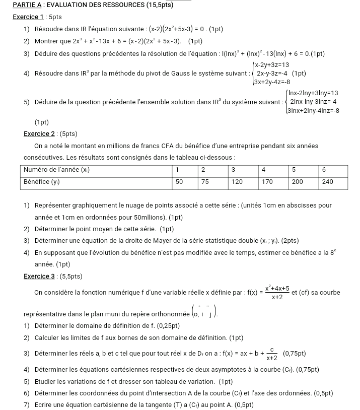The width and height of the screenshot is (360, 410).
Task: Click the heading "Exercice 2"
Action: [39, 133]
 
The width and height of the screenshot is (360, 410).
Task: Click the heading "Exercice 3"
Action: [39, 276]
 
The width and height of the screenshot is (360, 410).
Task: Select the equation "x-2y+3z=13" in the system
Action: [271, 64]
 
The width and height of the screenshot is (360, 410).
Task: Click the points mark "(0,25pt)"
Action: [164, 325]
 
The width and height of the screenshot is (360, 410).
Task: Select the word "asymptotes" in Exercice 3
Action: [218, 369]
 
